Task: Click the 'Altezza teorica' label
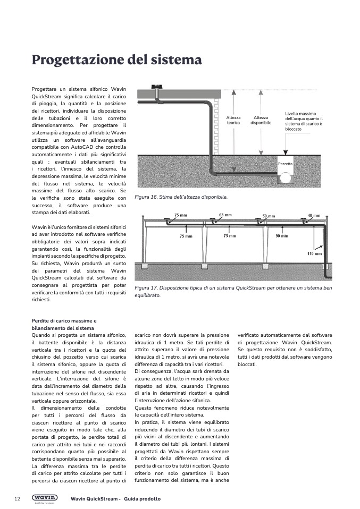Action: point(233,120)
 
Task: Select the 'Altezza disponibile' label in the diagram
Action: point(261,120)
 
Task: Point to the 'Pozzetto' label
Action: point(286,164)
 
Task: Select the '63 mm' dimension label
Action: point(225,215)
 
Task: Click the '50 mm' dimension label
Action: point(269,217)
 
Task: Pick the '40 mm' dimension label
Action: point(314,216)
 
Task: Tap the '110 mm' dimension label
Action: point(314,254)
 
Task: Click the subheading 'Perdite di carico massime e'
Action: point(64,321)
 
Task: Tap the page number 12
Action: point(17,499)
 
